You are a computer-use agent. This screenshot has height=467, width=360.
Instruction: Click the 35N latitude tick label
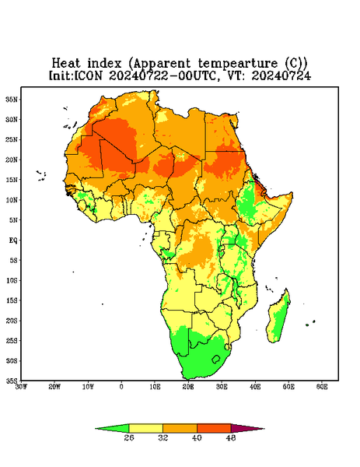[x=12, y=99]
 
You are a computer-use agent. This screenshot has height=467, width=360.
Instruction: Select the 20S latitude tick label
[x=12, y=321]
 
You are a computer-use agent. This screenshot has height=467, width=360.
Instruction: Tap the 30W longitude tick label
[x=21, y=387]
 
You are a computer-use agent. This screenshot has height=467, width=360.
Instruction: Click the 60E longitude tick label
[x=322, y=387]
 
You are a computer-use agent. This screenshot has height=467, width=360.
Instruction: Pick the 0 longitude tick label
[x=121, y=387]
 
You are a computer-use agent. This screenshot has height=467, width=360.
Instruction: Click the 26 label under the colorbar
[x=129, y=437]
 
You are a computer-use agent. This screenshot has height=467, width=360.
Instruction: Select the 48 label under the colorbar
[x=231, y=437]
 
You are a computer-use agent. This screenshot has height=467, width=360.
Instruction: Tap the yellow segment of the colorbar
[x=145, y=428]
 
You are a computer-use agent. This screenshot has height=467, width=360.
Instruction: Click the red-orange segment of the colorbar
[x=214, y=428]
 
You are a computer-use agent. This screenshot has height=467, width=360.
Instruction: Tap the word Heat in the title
[x=66, y=63]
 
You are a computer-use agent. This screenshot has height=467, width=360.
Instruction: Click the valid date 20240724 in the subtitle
[x=281, y=75]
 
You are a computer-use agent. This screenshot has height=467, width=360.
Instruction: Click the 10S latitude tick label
[x=12, y=280]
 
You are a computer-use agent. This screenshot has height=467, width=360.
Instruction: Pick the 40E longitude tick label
[x=255, y=387]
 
